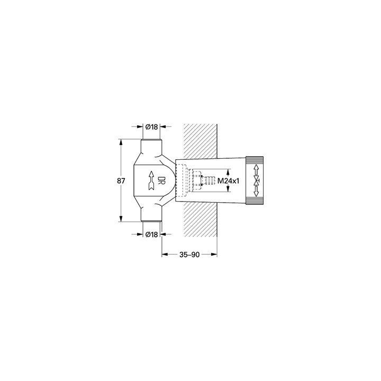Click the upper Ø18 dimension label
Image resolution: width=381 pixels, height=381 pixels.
(x=152, y=126)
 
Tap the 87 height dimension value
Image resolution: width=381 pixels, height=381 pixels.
(x=121, y=180)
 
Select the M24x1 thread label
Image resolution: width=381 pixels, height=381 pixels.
(x=231, y=180)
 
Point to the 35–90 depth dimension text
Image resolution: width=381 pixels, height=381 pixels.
(x=189, y=255)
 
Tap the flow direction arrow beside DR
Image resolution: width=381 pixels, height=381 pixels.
(x=152, y=181)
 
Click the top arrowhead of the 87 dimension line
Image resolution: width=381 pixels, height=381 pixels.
(x=121, y=141)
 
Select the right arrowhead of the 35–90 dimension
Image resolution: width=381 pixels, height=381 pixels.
(x=215, y=255)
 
